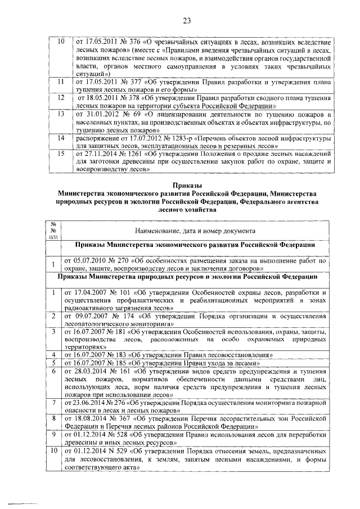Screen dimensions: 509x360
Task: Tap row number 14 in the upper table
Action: click(52, 138)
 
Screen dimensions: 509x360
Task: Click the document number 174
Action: click(136, 317)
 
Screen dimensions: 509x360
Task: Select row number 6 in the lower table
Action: click(52, 371)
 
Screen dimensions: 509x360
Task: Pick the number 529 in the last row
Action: click(130, 451)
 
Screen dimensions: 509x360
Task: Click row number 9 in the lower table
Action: click(52, 435)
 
